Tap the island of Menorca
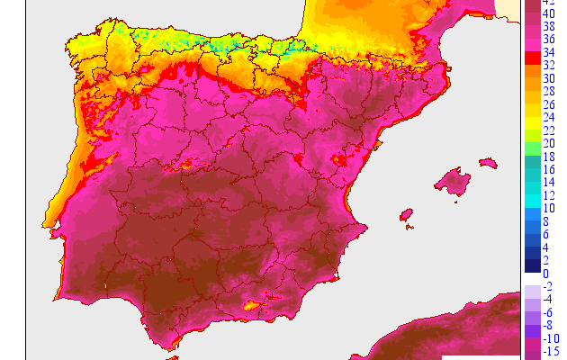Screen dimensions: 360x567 coord(488,163)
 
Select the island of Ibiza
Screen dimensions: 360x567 coord(406,215)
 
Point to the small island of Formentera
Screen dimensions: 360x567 coord(409,228)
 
